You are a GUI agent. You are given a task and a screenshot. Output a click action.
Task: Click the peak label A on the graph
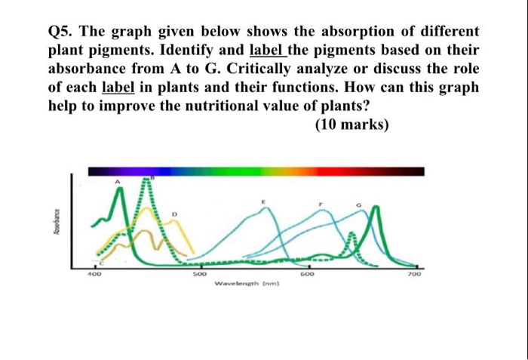117,183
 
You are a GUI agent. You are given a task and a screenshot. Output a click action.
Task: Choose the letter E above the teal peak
263,203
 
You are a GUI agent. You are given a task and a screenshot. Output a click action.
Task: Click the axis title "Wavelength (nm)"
247,284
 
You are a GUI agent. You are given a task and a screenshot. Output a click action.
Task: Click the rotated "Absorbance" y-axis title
57,225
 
